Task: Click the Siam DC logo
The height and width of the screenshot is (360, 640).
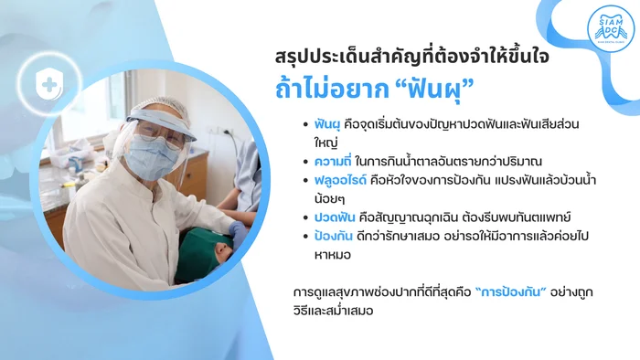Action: click(x=611, y=28)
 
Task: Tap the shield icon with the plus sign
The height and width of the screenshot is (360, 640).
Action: click(x=49, y=84)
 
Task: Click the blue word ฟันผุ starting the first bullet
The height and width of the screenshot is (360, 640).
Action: click(x=327, y=124)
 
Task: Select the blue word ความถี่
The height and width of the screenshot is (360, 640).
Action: click(x=333, y=162)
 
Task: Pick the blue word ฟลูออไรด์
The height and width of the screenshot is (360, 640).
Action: click(x=340, y=180)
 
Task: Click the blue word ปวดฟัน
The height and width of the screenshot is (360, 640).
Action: click(x=335, y=217)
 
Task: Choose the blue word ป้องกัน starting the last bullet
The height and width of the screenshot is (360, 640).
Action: click(x=334, y=236)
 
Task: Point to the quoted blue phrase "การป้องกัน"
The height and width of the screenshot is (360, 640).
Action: click(x=510, y=291)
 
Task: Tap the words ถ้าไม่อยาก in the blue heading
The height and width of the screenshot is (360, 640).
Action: click(x=332, y=89)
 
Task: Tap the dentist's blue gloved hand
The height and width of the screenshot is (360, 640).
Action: click(x=239, y=231)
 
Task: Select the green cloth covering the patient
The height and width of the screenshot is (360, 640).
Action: click(x=201, y=254)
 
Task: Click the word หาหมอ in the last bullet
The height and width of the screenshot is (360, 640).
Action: click(x=333, y=255)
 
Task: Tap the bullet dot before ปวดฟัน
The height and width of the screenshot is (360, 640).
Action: click(x=305, y=218)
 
